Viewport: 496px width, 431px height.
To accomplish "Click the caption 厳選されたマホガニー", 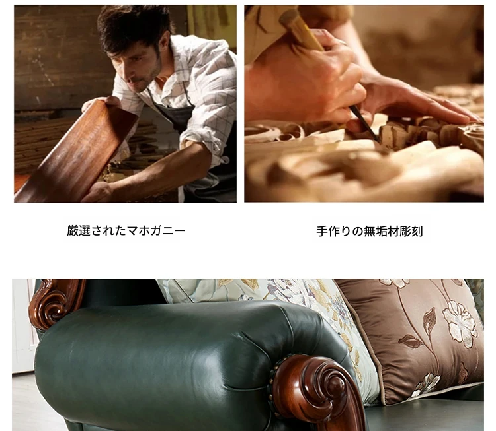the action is coord(126,231).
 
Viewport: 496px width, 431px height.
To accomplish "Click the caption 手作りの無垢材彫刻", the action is coord(370,232).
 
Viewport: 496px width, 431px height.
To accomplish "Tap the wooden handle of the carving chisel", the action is coord(300,28).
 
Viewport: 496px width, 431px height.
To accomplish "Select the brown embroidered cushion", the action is coord(411,338).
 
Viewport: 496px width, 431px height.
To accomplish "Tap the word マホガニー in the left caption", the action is coord(156,231).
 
